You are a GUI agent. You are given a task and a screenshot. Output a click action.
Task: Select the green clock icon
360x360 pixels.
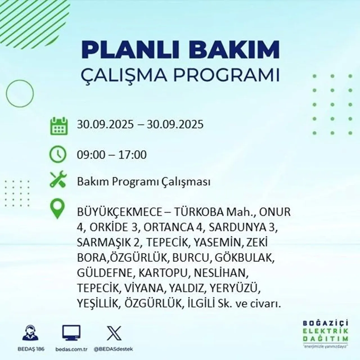(x=58, y=154)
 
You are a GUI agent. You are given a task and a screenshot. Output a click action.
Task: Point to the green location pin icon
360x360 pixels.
(x=57, y=209)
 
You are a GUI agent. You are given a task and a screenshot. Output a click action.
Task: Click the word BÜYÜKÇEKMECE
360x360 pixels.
(x=119, y=212)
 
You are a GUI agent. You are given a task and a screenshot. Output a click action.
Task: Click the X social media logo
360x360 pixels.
(x=114, y=333)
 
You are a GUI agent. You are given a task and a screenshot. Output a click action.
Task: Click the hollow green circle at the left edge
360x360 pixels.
(x=20, y=93)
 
